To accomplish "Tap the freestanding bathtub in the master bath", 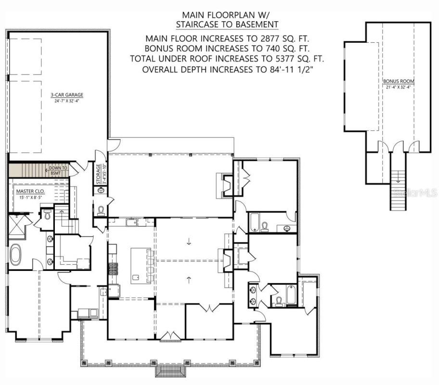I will [16, 254].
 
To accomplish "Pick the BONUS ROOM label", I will [399, 81].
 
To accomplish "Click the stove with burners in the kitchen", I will [113, 269].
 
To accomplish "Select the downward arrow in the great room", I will [188, 242].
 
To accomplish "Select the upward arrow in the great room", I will [188, 278].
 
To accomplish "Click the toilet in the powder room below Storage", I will [101, 210].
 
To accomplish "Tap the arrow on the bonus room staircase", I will [398, 179].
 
